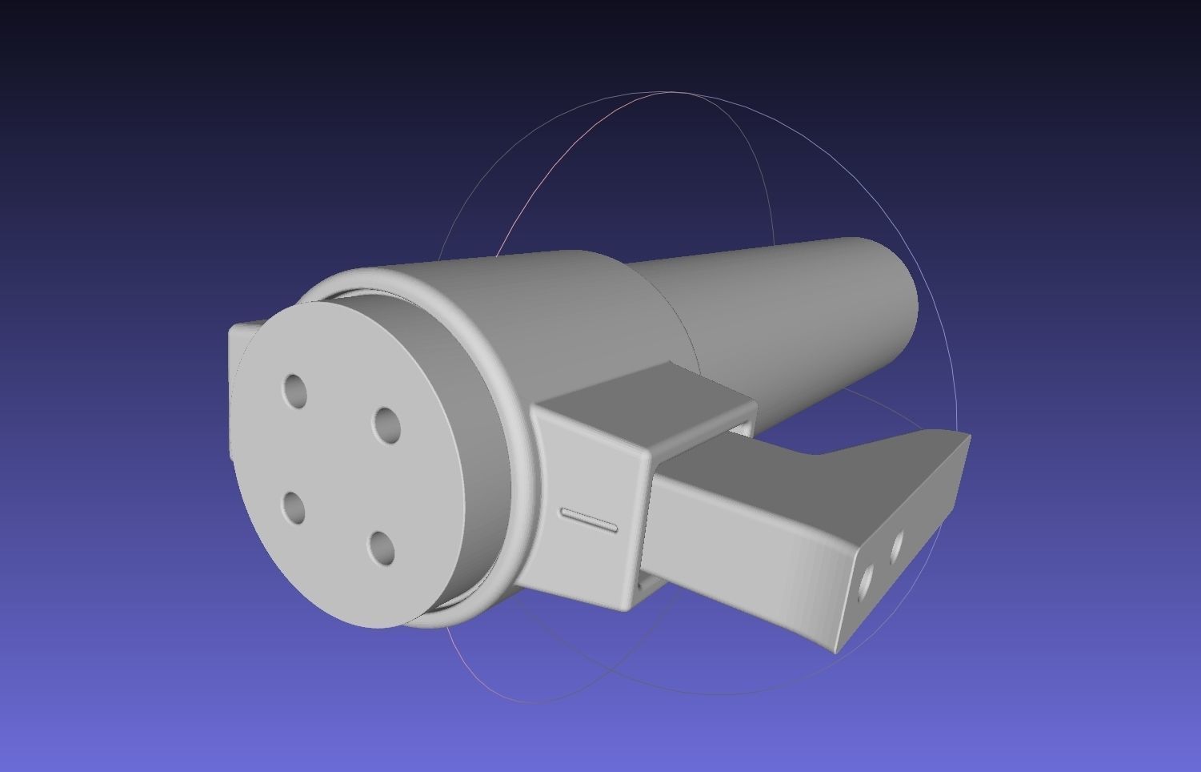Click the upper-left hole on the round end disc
(296, 391)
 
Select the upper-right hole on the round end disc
(386, 425)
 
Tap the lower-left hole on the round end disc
(294, 508)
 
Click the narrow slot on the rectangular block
(589, 520)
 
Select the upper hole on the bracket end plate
(896, 545)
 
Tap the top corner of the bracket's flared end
(969, 436)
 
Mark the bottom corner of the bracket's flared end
(837, 650)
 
